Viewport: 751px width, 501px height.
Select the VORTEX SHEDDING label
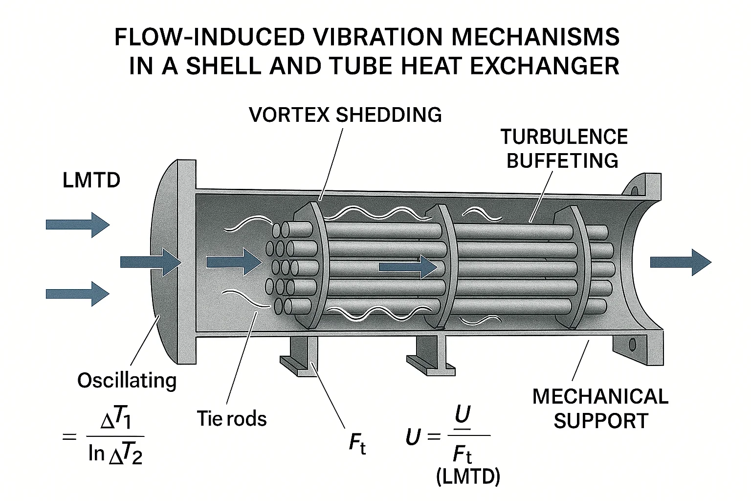tap(345, 115)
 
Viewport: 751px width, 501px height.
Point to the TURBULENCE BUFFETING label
tap(563, 148)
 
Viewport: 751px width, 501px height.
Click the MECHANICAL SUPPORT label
tap(600, 408)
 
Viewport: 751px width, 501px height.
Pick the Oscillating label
tap(127, 380)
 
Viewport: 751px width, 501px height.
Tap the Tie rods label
tap(232, 419)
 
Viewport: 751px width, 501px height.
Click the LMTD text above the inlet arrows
tap(91, 181)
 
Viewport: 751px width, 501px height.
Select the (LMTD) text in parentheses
tap(468, 476)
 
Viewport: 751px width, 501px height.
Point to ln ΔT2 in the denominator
tap(116, 454)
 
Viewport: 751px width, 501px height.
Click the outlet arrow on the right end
tap(680, 262)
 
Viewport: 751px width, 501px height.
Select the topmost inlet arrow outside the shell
tap(77, 225)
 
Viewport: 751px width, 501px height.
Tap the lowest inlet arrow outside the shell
tap(77, 294)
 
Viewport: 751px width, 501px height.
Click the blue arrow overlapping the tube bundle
tap(408, 267)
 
